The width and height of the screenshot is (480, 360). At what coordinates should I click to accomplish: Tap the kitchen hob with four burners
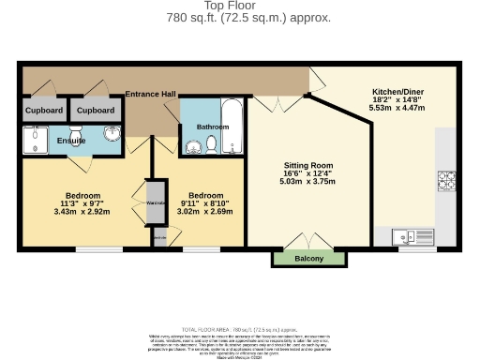tap(445, 179)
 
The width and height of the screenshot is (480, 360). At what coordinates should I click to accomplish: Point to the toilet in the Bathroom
tap(212, 143)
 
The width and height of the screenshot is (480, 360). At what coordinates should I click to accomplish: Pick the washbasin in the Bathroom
tap(194, 145)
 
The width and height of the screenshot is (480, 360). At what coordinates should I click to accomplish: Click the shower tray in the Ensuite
tap(39, 140)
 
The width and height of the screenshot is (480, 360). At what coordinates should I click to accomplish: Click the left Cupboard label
tap(44, 111)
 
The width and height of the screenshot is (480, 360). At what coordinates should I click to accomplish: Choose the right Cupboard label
tap(95, 111)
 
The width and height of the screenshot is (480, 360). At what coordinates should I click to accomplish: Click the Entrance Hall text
tap(151, 95)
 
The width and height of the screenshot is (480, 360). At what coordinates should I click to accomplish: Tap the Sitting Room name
tap(308, 165)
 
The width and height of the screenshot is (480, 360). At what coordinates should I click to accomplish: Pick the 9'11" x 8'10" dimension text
tap(204, 203)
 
